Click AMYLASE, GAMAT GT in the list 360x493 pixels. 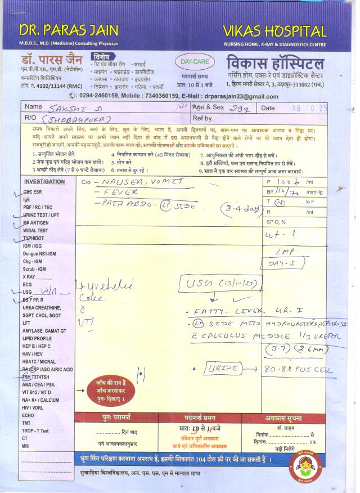(x=44, y=330)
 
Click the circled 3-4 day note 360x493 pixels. (x=240, y=209)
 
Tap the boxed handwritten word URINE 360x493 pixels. (x=223, y=369)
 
